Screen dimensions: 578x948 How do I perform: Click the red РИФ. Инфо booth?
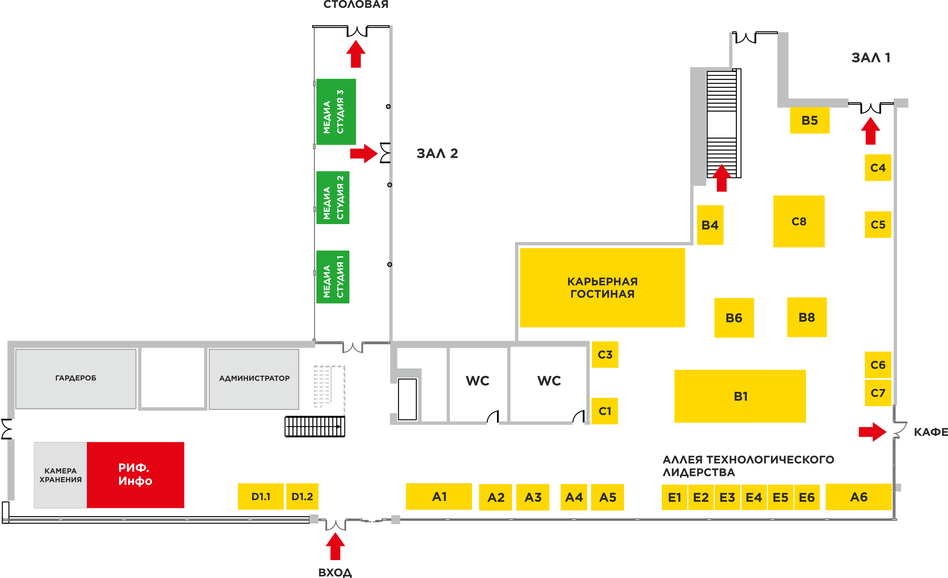[x=135, y=475]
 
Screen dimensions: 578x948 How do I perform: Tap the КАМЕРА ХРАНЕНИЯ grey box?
[x=60, y=475]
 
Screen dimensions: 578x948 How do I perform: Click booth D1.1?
[x=260, y=497]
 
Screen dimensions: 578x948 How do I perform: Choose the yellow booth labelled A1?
[x=439, y=497]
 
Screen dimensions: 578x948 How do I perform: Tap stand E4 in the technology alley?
[x=753, y=497]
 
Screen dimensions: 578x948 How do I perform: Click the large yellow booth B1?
[x=740, y=396]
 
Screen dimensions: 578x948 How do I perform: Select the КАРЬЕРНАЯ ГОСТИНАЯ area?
[x=602, y=287]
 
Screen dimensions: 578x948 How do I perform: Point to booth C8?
[x=799, y=221]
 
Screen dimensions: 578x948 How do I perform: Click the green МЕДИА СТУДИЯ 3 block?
[x=336, y=112]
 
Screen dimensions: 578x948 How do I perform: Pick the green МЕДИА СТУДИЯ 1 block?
[x=333, y=277]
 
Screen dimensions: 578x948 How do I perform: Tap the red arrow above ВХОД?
[x=335, y=546]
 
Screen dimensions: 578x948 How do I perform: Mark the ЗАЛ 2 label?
[x=437, y=154]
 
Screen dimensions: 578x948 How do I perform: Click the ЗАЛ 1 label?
[x=870, y=58]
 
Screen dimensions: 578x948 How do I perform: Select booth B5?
[x=809, y=120]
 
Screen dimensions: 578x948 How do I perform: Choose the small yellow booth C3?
[x=605, y=354]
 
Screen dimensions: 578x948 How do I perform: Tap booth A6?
[x=858, y=497]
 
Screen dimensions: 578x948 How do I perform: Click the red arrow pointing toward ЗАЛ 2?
[x=363, y=154]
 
